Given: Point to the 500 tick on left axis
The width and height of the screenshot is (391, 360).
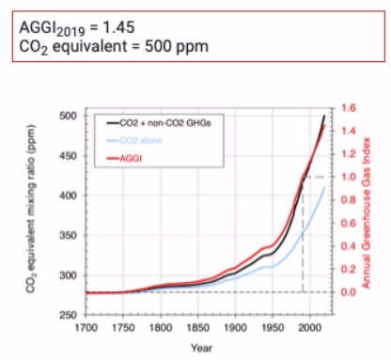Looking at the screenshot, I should [67, 116].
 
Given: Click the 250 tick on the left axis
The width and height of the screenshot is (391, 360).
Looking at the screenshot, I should [67, 317].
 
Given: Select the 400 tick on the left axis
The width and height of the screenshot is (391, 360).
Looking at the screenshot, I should [67, 196].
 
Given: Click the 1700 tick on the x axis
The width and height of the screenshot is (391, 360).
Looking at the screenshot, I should [86, 329].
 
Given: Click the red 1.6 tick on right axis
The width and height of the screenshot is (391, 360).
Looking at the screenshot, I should [351, 108].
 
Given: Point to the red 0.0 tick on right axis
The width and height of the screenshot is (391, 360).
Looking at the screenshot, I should [351, 292].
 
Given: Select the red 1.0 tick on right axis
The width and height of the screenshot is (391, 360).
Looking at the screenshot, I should [351, 177].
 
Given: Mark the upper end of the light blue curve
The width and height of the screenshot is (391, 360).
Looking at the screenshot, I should [325, 188].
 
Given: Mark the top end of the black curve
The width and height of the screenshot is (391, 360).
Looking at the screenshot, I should [325, 116].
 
